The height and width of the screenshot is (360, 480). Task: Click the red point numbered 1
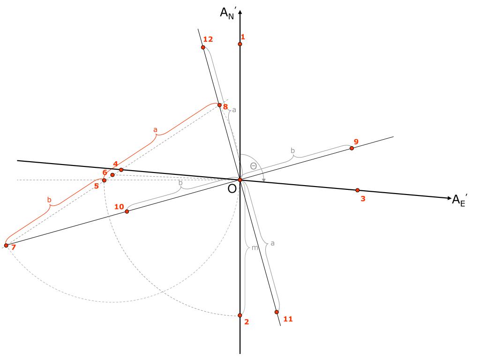click(240, 44)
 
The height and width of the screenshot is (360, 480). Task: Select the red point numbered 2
click(240, 315)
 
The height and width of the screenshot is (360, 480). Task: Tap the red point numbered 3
click(357, 190)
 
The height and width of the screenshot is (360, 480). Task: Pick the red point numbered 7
click(6, 246)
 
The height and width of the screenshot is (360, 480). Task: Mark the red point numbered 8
click(219, 105)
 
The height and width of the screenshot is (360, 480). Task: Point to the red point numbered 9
click(352, 148)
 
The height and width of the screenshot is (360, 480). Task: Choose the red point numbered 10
click(127, 212)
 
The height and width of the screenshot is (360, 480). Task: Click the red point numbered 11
click(277, 312)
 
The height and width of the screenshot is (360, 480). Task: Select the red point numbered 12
click(203, 47)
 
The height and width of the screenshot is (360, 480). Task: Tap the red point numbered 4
click(121, 170)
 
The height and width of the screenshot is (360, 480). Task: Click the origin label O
click(232, 188)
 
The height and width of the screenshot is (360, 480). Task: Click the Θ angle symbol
click(253, 166)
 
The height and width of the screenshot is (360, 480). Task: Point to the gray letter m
click(255, 247)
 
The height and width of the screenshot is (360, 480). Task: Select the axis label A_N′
click(228, 12)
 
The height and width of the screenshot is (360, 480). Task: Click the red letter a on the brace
click(156, 129)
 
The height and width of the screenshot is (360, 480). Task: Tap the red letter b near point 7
click(49, 200)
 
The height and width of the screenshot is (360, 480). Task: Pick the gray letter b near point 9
click(293, 150)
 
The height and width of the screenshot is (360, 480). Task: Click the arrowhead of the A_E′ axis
click(447, 198)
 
